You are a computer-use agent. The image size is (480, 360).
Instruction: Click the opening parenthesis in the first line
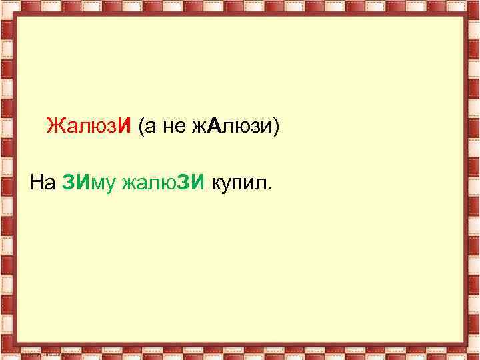[141, 126]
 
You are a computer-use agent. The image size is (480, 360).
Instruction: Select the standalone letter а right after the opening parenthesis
[150, 127]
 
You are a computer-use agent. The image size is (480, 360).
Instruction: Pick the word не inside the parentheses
[173, 127]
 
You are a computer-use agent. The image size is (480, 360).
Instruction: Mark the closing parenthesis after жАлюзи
[273, 126]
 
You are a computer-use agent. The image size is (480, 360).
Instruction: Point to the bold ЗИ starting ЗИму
[75, 182]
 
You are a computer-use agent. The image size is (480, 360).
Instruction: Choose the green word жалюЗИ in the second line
[164, 182]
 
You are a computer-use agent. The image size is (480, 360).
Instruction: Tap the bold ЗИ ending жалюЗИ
[193, 182]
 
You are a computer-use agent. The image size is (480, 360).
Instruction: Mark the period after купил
[270, 187]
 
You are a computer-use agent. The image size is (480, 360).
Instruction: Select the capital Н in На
[36, 182]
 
